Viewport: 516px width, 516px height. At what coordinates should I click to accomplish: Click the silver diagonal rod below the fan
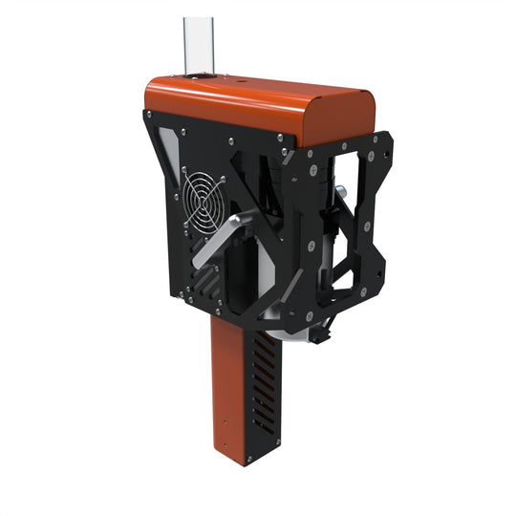pyautogui.click(x=219, y=244)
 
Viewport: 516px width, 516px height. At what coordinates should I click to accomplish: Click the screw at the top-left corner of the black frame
pyautogui.click(x=148, y=116)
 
